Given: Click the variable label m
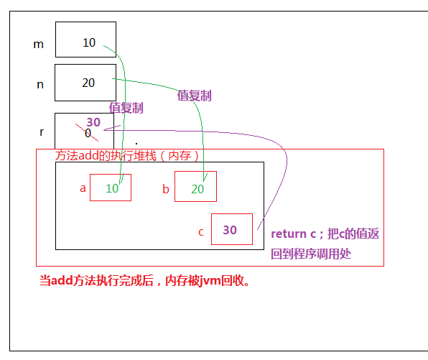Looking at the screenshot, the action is tap(39, 45).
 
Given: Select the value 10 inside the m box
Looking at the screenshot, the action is tap(89, 42).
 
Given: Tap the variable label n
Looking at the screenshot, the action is tap(40, 85).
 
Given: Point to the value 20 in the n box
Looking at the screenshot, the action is tap(88, 83).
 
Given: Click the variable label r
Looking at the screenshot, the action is tap(42, 132).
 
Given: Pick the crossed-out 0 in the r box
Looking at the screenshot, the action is tap(88, 133).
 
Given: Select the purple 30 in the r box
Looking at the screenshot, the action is tap(93, 122).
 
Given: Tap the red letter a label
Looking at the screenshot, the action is tap(83, 188).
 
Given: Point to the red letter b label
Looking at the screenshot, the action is tap(166, 189).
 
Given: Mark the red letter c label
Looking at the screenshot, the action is tap(201, 232).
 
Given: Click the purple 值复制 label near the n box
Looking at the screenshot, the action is tap(195, 96).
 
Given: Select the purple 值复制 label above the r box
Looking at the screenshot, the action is tap(126, 108).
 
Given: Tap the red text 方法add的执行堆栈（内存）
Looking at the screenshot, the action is tap(126, 156).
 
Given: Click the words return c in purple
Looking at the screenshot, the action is tap(294, 234).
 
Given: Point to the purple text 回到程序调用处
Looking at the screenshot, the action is tap(311, 254).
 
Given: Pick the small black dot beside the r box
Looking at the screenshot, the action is tap(136, 144).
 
